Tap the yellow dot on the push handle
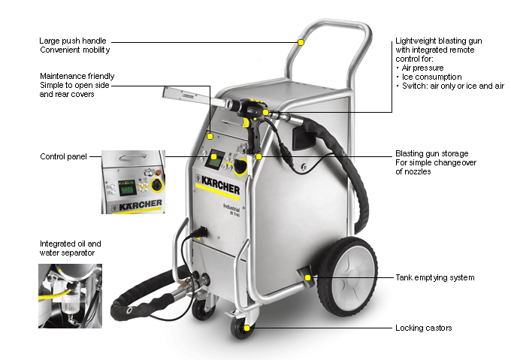pos(301,42)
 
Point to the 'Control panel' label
pos(62,156)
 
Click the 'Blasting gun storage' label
pos(433,153)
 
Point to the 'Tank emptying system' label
pos(434,277)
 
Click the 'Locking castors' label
pos(424,328)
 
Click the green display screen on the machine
pos(216,159)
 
